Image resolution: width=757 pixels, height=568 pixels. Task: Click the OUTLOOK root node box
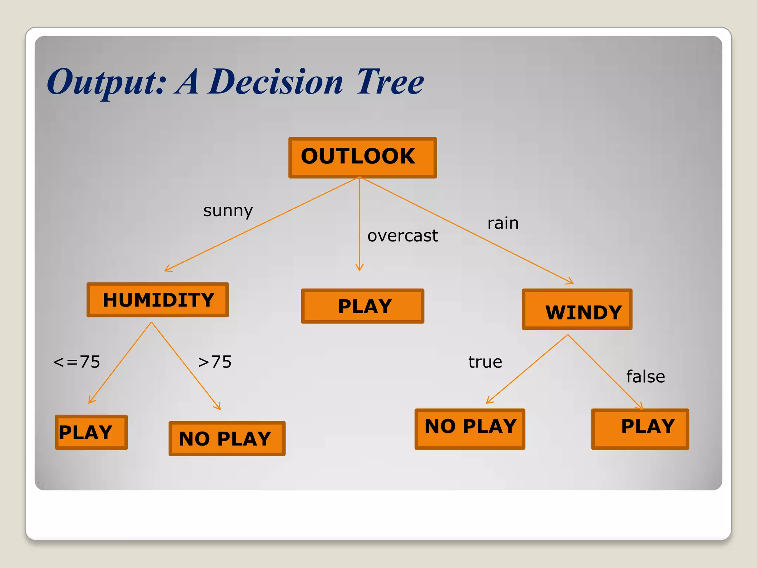pyautogui.click(x=362, y=158)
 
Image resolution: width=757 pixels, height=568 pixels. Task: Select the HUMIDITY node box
pyautogui.click(x=158, y=300)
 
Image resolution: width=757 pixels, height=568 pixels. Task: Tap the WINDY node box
pyautogui.click(x=577, y=310)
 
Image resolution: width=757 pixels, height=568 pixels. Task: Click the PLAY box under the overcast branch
pyautogui.click(x=363, y=306)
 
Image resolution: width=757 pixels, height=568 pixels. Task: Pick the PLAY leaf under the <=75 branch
pyautogui.click(x=91, y=432)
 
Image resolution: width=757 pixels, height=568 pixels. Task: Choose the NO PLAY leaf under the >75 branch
pyautogui.click(x=227, y=439)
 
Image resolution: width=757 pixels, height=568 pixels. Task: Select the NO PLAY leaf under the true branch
pyautogui.click(x=470, y=429)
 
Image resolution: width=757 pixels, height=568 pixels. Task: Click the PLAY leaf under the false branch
pyautogui.click(x=640, y=429)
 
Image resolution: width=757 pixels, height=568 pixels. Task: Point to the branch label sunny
pyautogui.click(x=228, y=211)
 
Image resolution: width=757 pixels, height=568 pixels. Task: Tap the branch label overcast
pyautogui.click(x=403, y=236)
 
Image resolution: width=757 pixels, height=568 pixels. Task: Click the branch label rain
pyautogui.click(x=503, y=223)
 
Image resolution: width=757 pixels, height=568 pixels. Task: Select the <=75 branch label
pyautogui.click(x=77, y=362)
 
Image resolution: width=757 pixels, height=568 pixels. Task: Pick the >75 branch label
pyautogui.click(x=215, y=362)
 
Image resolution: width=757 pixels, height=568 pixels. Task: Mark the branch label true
pyautogui.click(x=485, y=362)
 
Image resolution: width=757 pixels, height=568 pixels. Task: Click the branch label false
pyautogui.click(x=645, y=377)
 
